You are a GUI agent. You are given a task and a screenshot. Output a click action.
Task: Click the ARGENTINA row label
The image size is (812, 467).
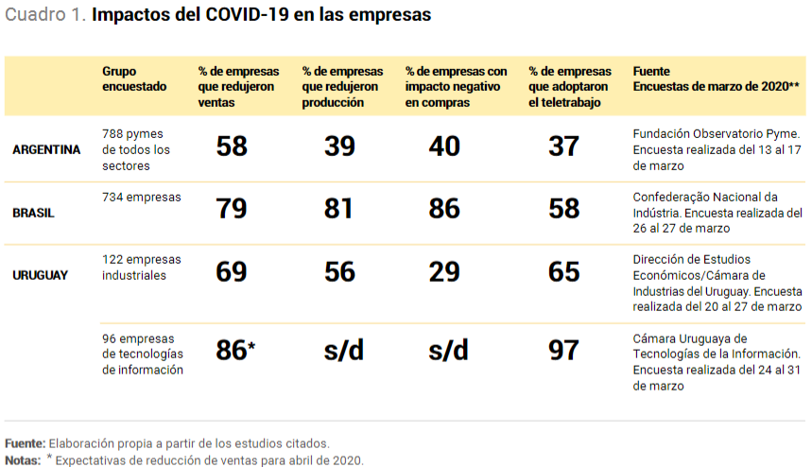pyautogui.click(x=46, y=149)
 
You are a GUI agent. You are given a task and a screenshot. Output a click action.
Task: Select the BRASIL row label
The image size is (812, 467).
pyautogui.click(x=33, y=213)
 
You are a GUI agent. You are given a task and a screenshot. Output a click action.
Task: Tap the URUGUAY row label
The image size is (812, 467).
pyautogui.click(x=40, y=275)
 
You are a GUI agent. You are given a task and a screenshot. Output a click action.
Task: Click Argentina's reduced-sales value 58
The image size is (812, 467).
pyautogui.click(x=232, y=147)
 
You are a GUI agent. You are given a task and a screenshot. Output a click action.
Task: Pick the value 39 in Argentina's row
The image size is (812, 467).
pyautogui.click(x=339, y=147)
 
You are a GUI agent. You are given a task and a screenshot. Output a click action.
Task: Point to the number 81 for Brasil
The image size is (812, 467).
pyautogui.click(x=339, y=209)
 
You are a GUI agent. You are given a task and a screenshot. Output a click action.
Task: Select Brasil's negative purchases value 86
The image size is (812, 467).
pyautogui.click(x=444, y=209)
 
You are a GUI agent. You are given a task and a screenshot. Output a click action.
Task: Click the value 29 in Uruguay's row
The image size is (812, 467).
pyautogui.click(x=444, y=272)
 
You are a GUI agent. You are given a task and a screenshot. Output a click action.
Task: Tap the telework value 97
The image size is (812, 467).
pyautogui.click(x=564, y=350)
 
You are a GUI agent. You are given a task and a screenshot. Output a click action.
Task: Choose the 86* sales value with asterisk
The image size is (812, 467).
pyautogui.click(x=235, y=350)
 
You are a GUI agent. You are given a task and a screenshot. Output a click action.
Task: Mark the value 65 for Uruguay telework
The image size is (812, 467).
pyautogui.click(x=564, y=272)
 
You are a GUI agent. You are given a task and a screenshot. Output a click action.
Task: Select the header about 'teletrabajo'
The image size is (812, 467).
pyautogui.click(x=570, y=87)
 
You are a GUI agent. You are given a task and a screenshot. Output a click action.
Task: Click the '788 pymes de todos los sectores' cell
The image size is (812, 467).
pyautogui.click(x=136, y=149)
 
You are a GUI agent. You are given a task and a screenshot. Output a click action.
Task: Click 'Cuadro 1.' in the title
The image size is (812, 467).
pyautogui.click(x=46, y=16)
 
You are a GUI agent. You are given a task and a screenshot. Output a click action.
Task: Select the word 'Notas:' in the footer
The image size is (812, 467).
pyautogui.click(x=22, y=459)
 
